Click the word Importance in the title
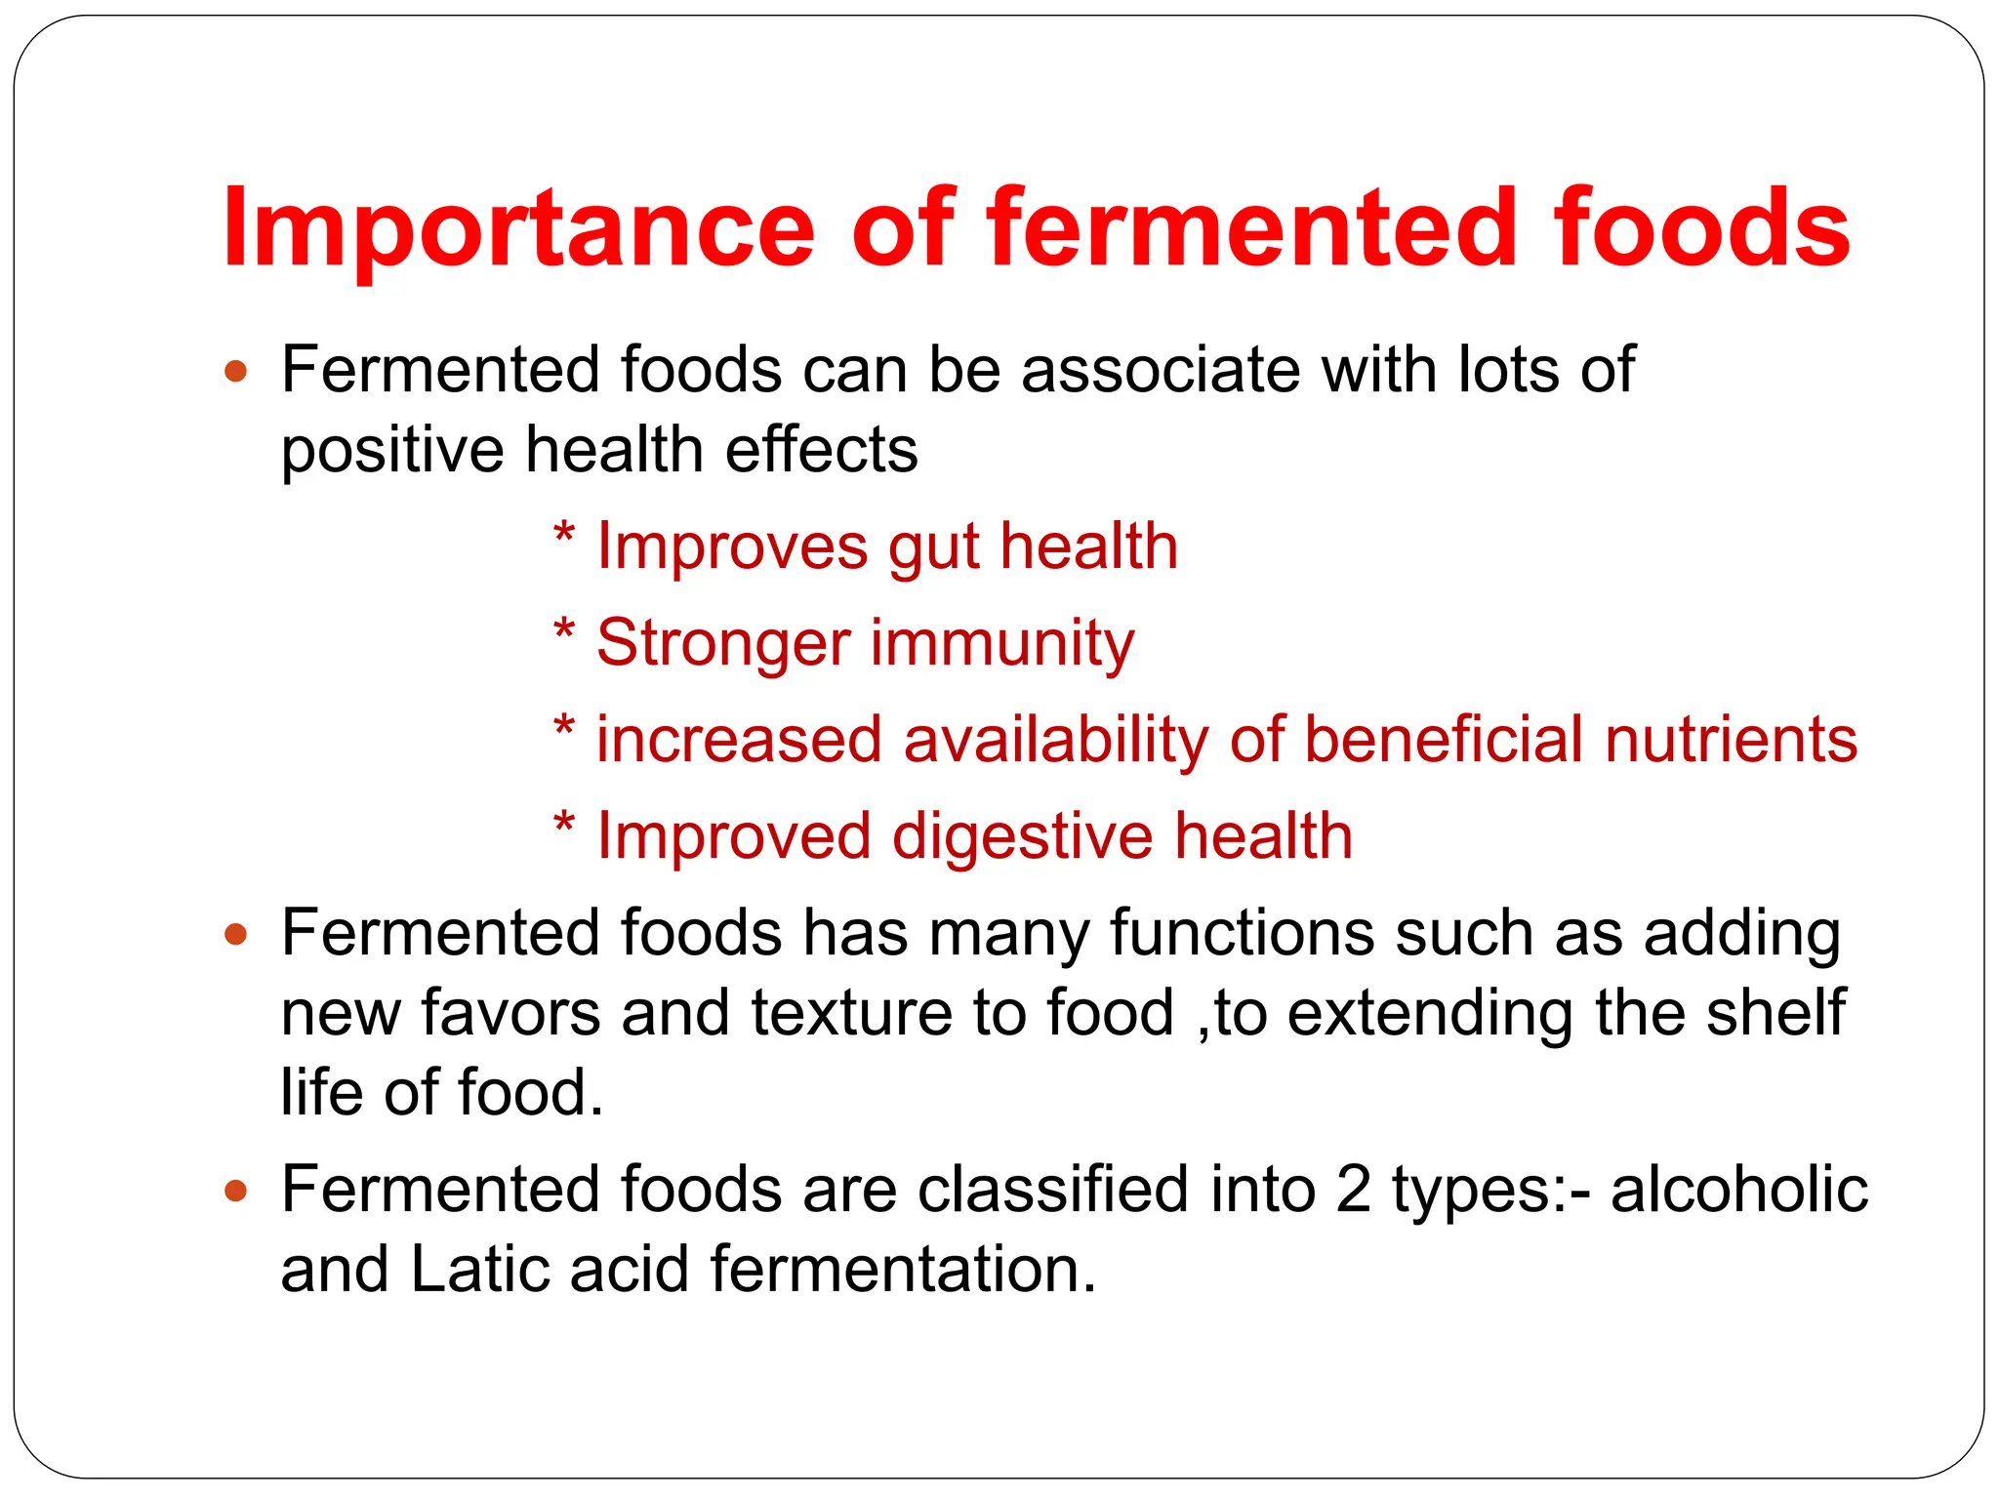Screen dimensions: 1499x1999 pos(518,230)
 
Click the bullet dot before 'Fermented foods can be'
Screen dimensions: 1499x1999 pos(236,372)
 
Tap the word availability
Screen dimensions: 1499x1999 pos(1056,740)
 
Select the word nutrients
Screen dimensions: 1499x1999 pos(1731,739)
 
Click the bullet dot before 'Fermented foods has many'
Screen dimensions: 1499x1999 pos(236,935)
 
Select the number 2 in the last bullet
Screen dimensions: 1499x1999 pos(1353,1190)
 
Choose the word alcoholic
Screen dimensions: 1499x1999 pos(1738,1190)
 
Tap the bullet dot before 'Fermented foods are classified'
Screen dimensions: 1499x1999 pos(236,1192)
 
